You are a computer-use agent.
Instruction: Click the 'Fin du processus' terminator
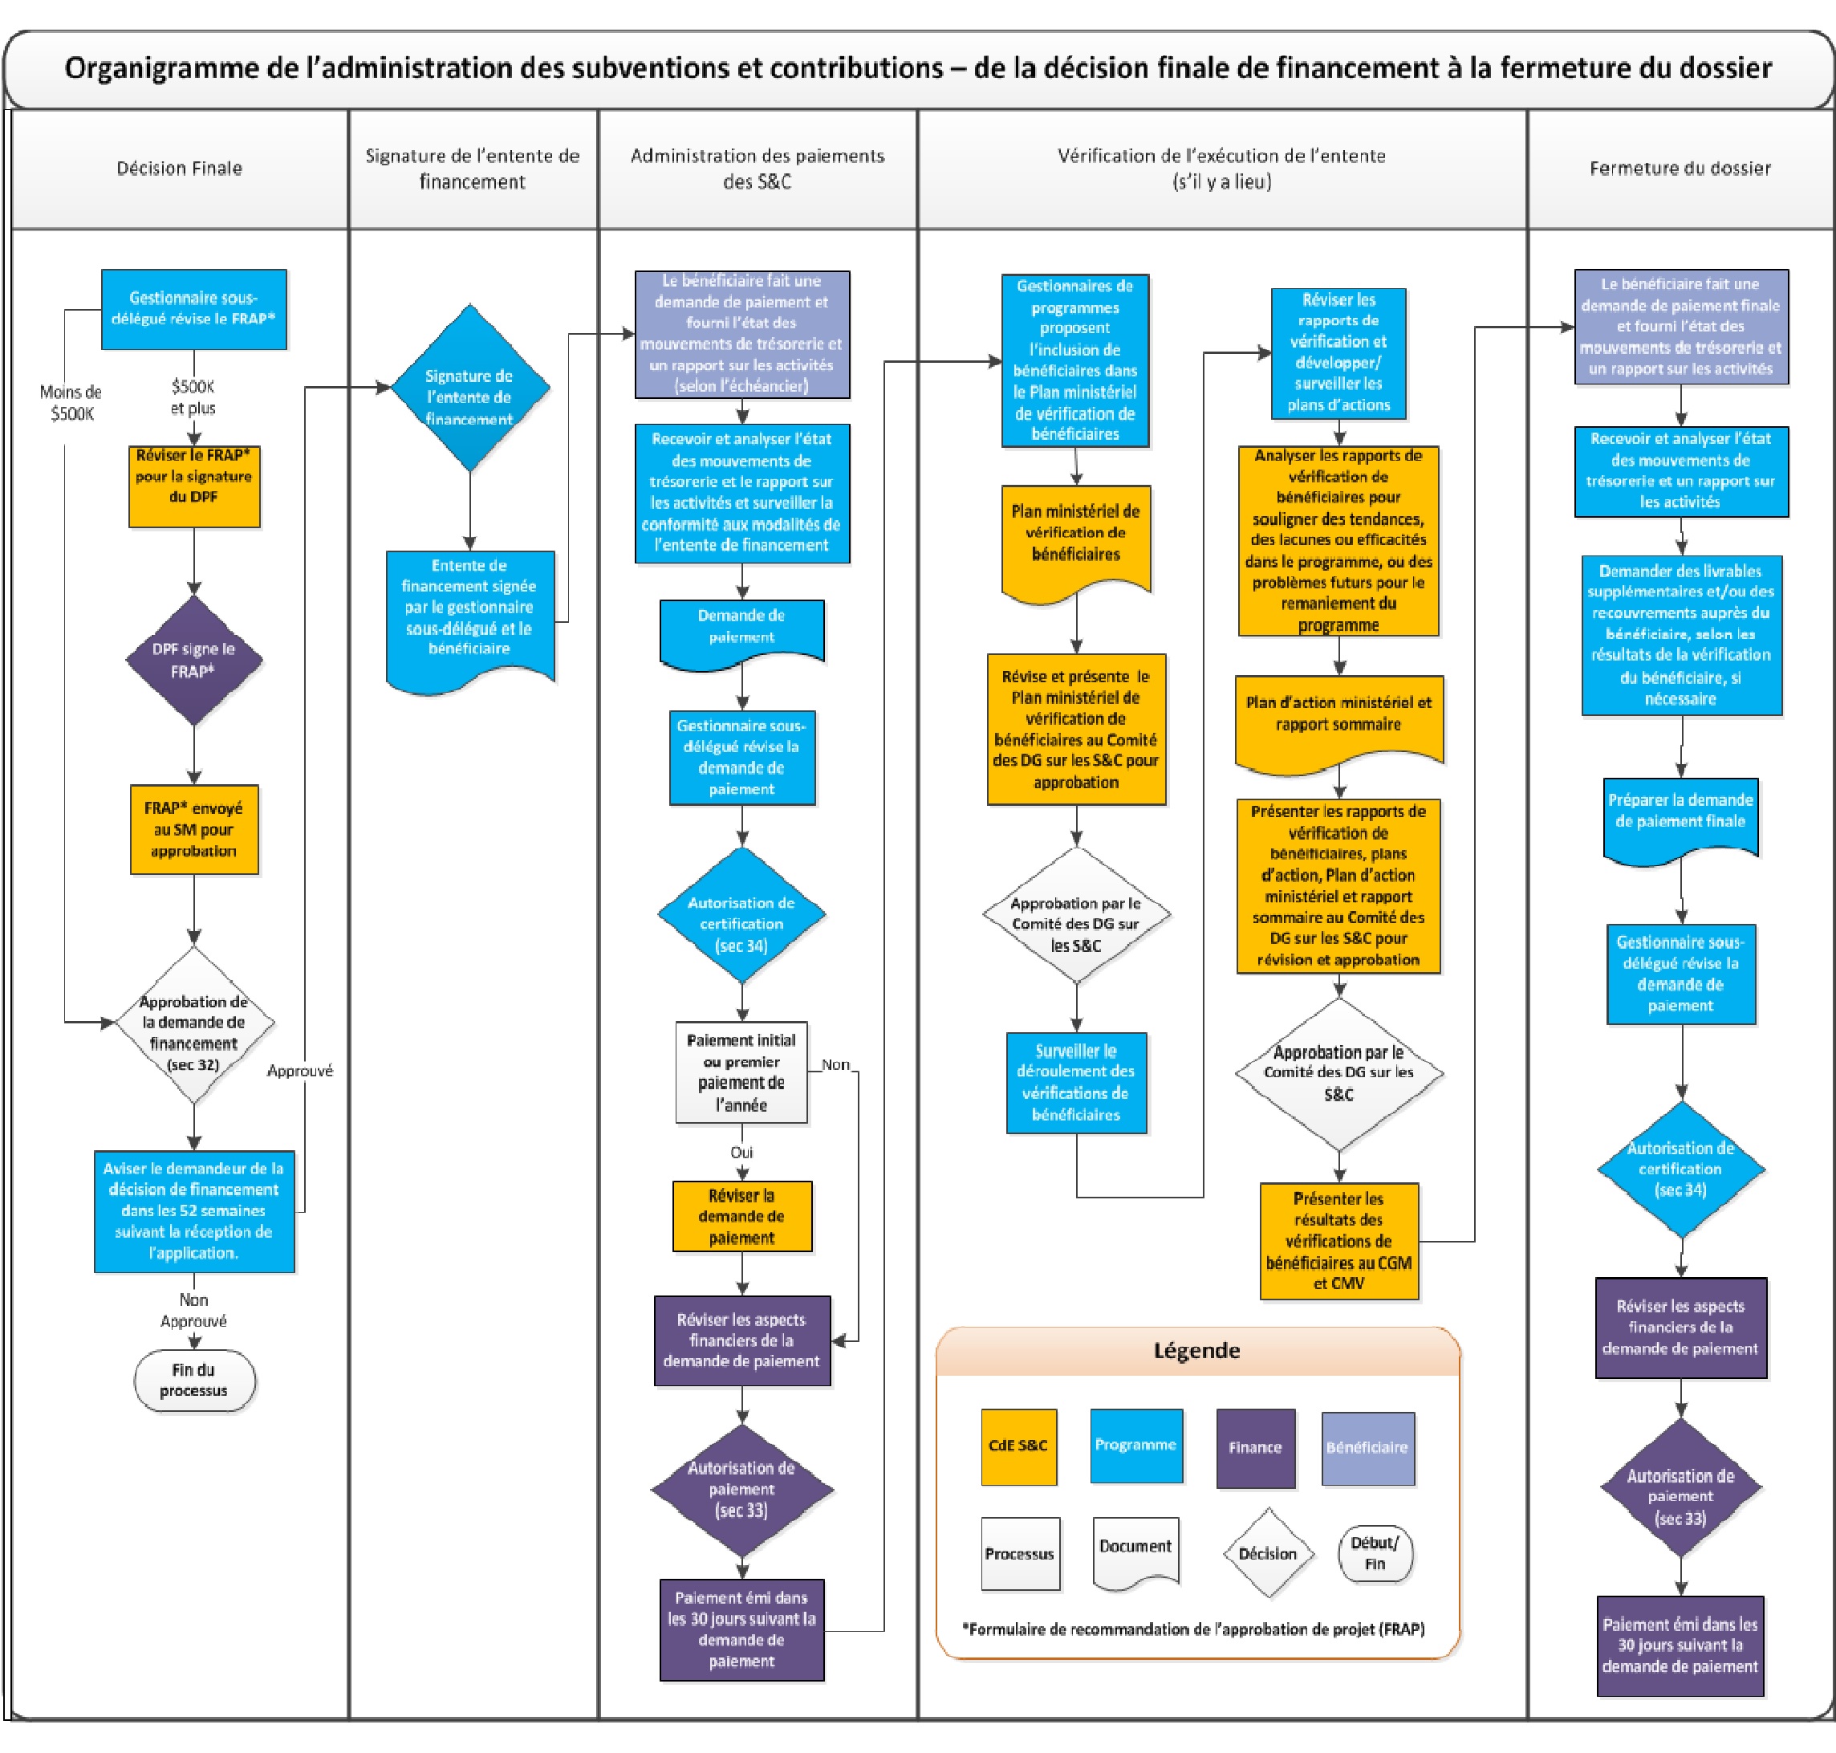[194, 1380]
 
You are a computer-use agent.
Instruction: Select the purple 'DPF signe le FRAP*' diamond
[193, 661]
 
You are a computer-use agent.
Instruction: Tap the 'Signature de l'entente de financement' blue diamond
[469, 388]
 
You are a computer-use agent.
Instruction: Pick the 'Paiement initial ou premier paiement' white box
[742, 1072]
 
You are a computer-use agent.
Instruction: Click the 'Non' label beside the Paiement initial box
[835, 1064]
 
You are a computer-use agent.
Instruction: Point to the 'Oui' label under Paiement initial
[742, 1152]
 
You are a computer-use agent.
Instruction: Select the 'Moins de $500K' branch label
[71, 403]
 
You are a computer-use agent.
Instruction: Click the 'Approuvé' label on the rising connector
[300, 1071]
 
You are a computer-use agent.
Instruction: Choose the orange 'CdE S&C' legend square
[1018, 1447]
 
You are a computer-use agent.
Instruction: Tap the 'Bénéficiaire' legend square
[1367, 1448]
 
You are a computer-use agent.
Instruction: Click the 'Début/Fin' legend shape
[1375, 1554]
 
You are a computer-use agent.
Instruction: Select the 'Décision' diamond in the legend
[1268, 1553]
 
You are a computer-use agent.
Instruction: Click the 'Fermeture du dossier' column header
[1680, 169]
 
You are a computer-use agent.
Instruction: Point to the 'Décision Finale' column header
[180, 169]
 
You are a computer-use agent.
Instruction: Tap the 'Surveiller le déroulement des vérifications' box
[1076, 1083]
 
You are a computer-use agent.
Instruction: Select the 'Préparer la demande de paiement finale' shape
[1681, 816]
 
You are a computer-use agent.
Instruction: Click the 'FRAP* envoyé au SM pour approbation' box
[194, 830]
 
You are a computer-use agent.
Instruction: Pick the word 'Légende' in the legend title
[1197, 1350]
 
